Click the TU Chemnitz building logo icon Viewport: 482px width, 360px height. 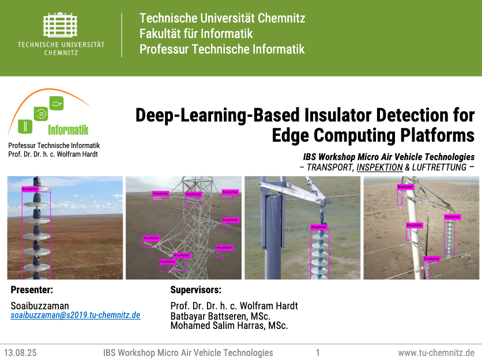point(61,26)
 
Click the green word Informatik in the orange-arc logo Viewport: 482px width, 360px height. point(68,130)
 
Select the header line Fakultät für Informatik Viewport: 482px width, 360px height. point(196,33)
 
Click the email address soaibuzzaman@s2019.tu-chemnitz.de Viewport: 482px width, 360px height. point(75,316)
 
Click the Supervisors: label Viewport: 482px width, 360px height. point(195,290)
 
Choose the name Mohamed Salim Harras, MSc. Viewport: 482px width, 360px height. point(229,325)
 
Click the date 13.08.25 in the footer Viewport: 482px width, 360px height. point(20,353)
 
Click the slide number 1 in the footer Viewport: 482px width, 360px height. point(318,353)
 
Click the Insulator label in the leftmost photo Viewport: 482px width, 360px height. point(30,189)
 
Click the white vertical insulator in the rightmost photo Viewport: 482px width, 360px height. point(450,236)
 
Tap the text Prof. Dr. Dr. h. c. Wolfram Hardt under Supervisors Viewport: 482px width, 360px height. point(234,306)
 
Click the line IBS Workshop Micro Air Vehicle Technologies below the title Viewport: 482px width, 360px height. point(389,157)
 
